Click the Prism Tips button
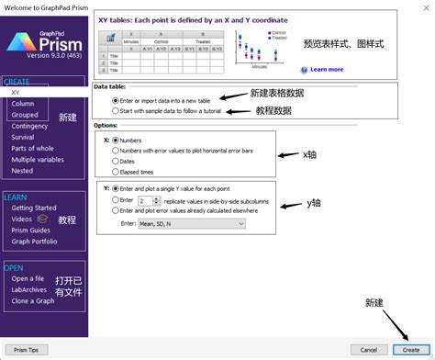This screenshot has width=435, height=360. coord(27,350)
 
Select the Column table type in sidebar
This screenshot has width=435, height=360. coord(23,104)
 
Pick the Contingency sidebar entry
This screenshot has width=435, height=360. coord(30,126)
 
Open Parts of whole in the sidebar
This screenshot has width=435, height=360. coord(33,148)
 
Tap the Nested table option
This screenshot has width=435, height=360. coord(22,170)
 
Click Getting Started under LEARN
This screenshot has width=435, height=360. coord(34,208)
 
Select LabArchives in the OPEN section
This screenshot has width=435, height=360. coord(30,290)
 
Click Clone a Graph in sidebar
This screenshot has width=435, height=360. coord(34,301)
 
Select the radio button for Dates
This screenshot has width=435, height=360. coord(115,161)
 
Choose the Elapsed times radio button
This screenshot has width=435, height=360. coord(115,172)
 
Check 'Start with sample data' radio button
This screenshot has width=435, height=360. coord(115,110)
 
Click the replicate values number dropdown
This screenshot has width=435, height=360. coord(145,198)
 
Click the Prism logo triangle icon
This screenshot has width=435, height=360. coord(18,43)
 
